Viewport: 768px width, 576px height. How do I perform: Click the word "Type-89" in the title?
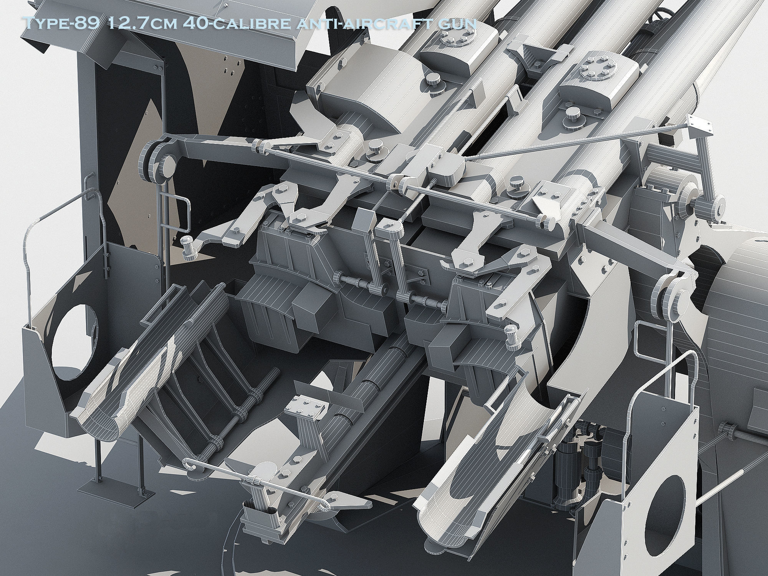coord(62,23)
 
